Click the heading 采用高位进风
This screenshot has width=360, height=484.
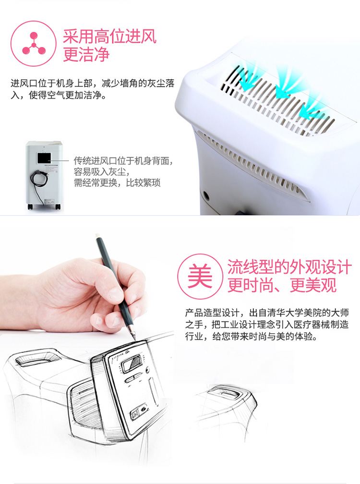[x=110, y=36]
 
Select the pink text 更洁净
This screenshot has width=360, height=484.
[x=86, y=54]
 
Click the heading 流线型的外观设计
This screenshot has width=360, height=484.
[x=289, y=267]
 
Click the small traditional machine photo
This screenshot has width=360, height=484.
[x=44, y=175]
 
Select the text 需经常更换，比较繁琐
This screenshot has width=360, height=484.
[x=117, y=182]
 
